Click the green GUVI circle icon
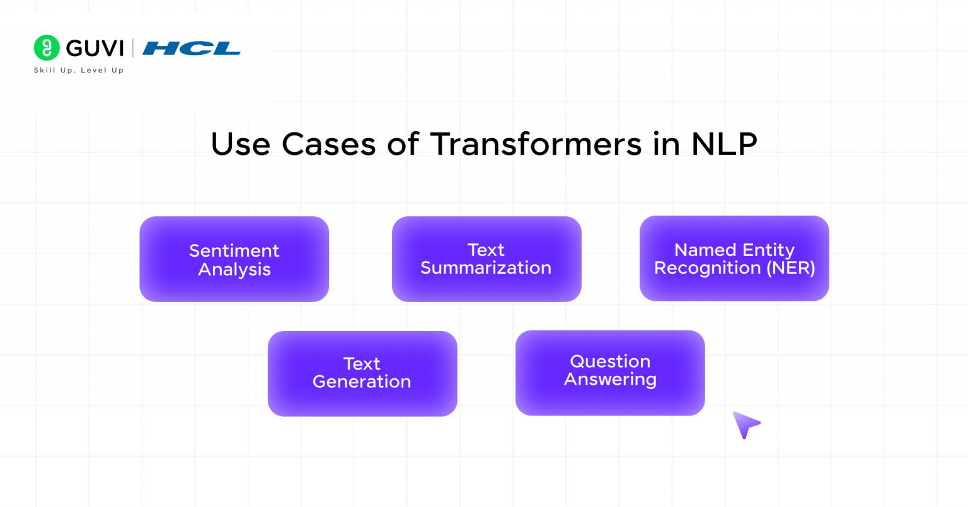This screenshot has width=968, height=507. (47, 48)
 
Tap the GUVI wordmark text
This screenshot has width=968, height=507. (95, 49)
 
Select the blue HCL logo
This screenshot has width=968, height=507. (192, 49)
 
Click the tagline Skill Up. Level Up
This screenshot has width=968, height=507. (79, 71)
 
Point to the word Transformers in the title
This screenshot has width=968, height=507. (536, 144)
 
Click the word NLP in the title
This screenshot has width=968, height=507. (724, 144)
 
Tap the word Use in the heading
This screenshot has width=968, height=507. (240, 144)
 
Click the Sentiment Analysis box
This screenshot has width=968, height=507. (234, 259)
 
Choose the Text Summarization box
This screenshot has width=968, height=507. (486, 259)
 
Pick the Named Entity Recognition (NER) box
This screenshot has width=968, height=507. (734, 259)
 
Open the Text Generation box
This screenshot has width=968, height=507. (362, 373)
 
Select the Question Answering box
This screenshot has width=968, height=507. (609, 373)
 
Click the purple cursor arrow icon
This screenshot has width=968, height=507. (745, 424)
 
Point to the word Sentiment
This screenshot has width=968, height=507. (234, 251)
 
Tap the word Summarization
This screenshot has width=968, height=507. (486, 268)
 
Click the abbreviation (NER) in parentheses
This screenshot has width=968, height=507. (790, 268)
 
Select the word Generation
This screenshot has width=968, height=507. (362, 382)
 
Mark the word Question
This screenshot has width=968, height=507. (610, 361)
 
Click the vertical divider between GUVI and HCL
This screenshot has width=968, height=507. (133, 49)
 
